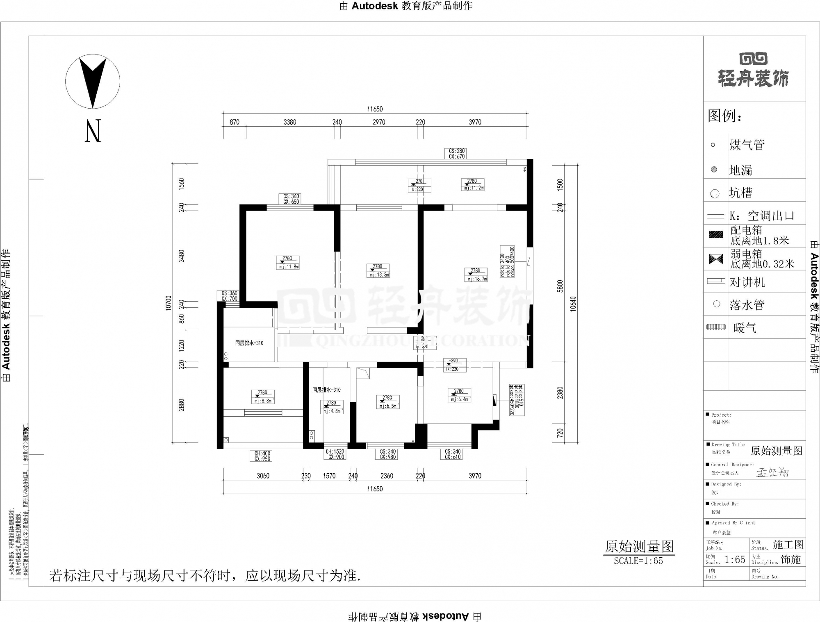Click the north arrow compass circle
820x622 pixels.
(x=93, y=81)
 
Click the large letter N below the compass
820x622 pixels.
(x=93, y=131)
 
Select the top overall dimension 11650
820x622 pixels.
(x=375, y=109)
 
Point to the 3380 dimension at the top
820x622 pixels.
(x=290, y=122)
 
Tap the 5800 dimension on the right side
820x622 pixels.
(x=560, y=286)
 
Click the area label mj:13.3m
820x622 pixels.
(x=378, y=275)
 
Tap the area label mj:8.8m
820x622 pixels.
(x=263, y=401)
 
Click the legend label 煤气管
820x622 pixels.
(x=747, y=145)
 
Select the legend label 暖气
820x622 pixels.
(x=745, y=328)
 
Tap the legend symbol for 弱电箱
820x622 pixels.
(x=716, y=259)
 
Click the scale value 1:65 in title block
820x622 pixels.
(x=735, y=560)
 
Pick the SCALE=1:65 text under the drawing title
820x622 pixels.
(x=638, y=561)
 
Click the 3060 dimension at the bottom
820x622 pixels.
(x=263, y=476)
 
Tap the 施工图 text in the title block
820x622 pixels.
(x=788, y=545)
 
